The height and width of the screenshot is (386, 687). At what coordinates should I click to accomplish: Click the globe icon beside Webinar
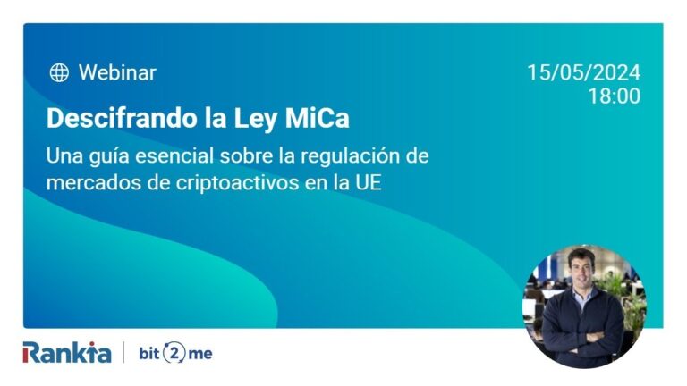(x=59, y=73)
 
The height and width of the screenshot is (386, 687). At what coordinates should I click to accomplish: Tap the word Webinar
(x=117, y=73)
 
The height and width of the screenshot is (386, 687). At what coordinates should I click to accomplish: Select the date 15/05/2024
(x=583, y=73)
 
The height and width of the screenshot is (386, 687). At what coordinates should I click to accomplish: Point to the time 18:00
(x=614, y=96)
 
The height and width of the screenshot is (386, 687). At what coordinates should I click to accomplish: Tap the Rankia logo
(x=67, y=352)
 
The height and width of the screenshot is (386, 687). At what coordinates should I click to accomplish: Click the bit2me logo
(x=175, y=352)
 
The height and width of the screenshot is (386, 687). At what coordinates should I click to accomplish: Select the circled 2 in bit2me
(x=175, y=352)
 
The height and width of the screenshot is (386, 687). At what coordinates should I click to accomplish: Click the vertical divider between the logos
(x=123, y=352)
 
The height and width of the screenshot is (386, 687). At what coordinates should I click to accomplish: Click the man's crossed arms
(x=582, y=336)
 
